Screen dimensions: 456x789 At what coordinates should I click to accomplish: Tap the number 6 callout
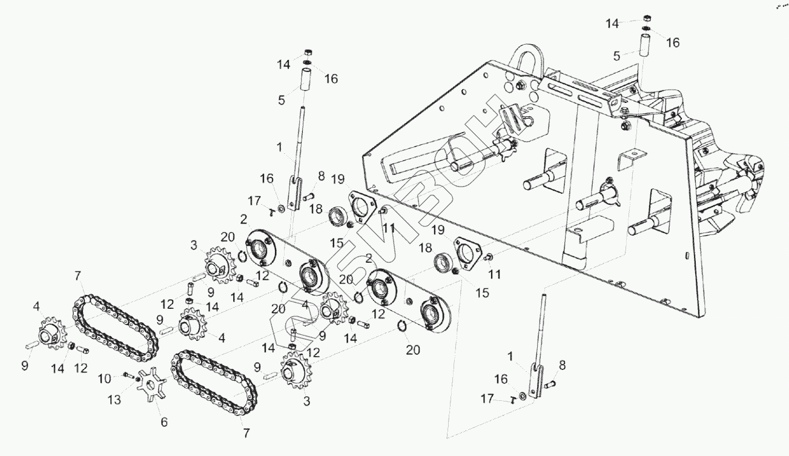tap(163, 422)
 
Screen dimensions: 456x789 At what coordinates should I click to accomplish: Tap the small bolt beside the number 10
tap(129, 375)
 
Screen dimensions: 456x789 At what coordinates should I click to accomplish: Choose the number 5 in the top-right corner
tap(616, 56)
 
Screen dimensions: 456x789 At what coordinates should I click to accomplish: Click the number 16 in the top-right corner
tap(673, 42)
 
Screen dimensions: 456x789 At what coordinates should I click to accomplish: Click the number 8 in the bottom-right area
tap(563, 365)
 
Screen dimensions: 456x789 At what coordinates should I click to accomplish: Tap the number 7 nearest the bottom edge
tap(246, 433)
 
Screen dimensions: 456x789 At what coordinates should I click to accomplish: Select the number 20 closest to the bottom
tap(413, 349)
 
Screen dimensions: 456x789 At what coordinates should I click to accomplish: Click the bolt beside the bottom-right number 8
tap(550, 384)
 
